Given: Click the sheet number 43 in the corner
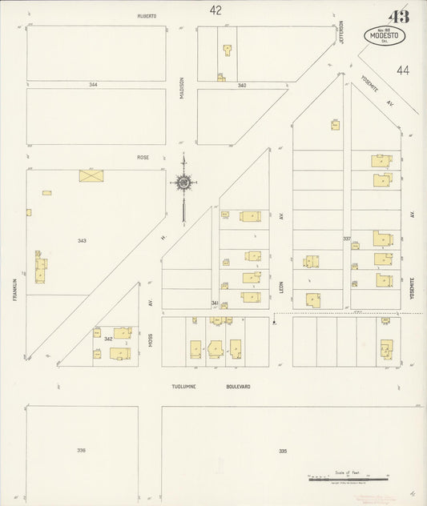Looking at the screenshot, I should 398,17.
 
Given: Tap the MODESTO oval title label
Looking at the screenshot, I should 385,35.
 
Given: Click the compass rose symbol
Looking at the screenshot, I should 183,183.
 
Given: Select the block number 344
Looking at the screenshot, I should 94,84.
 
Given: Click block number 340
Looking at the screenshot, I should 241,85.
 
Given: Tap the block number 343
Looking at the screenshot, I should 82,240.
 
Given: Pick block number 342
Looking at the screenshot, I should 107,339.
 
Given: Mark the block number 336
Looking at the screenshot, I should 82,451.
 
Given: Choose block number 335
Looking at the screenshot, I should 283,451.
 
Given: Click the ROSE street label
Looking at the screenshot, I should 143,157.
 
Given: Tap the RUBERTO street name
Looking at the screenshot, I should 145,15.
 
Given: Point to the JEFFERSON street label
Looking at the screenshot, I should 340,34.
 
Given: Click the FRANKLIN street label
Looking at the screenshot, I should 14,288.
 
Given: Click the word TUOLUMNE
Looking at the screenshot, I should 185,386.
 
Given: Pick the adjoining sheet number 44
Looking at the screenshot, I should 402,70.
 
